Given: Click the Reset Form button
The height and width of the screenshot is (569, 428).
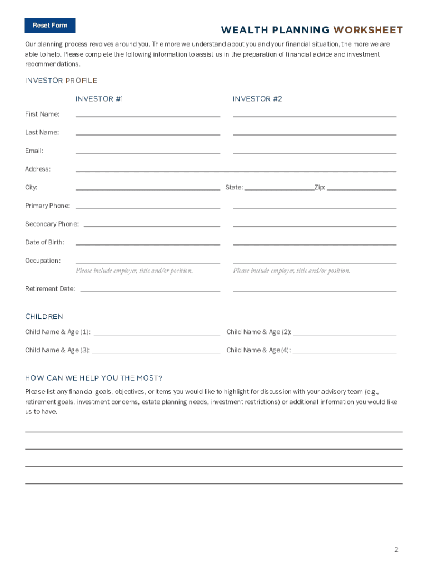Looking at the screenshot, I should tap(50, 26).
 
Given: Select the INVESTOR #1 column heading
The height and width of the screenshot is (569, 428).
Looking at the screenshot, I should tap(99, 99).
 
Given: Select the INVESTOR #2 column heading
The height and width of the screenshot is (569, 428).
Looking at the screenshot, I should tap(257, 99).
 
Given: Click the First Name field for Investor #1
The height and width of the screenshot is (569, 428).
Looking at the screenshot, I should tap(148, 113).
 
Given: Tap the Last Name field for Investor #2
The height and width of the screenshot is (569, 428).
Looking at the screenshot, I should tap(315, 131).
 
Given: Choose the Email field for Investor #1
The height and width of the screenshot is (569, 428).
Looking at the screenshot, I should tap(148, 149).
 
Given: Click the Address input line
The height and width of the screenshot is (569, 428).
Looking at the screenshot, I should tap(236, 168).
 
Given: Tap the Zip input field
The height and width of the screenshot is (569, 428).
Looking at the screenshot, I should tap(362, 186).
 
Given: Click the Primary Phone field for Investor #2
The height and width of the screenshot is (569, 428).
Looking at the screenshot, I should tap(315, 204).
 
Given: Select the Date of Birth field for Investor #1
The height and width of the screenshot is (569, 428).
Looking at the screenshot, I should tap(148, 241).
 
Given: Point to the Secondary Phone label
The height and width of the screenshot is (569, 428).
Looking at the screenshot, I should tap(52, 224).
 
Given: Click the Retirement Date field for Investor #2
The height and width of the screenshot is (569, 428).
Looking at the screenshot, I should tap(315, 288).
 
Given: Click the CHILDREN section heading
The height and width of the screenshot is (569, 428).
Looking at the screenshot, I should tap(44, 317).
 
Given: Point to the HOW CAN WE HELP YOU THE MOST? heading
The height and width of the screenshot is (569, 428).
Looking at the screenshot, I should tap(94, 378).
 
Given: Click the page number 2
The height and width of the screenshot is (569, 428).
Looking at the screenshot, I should tap(396, 550).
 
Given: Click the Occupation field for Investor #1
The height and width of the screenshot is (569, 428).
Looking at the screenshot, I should tap(148, 259).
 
